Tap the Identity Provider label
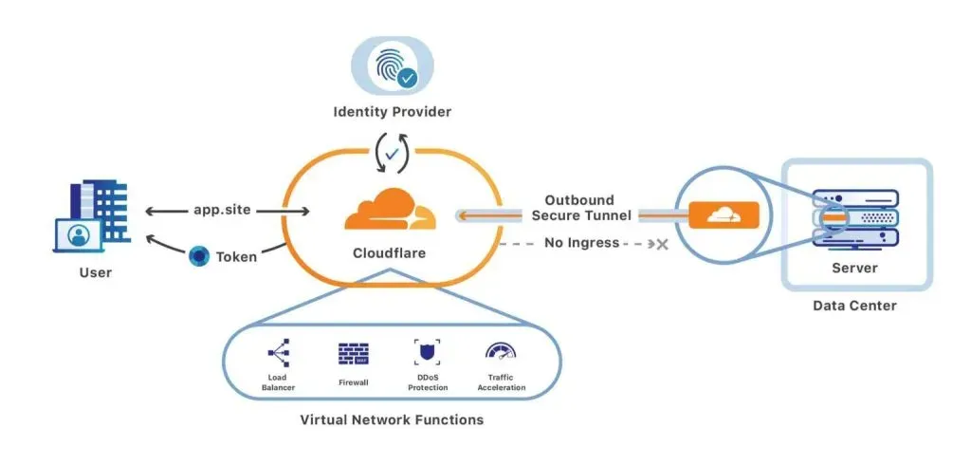(x=392, y=113)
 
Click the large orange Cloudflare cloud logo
(x=390, y=210)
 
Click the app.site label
(x=221, y=210)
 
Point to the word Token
(x=236, y=256)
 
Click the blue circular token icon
(x=198, y=255)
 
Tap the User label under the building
(x=96, y=273)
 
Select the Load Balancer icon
(x=278, y=354)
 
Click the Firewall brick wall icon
(x=353, y=354)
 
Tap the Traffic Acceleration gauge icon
(x=500, y=352)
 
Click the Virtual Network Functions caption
(x=391, y=419)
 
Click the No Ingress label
(x=582, y=243)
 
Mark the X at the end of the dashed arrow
(x=662, y=244)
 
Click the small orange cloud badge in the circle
(x=724, y=215)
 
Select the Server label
(x=854, y=269)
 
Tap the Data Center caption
(x=854, y=306)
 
